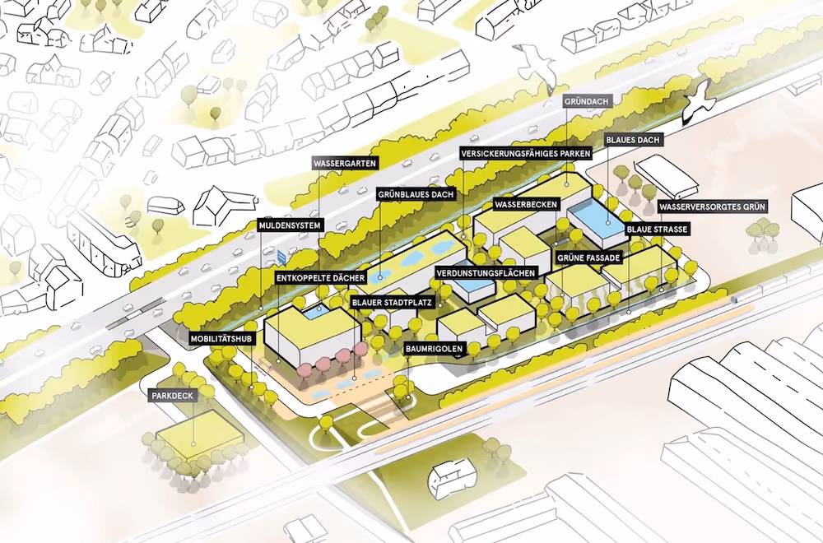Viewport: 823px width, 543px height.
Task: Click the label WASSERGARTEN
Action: pos(345,164)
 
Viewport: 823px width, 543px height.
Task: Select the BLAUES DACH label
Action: pos(633,140)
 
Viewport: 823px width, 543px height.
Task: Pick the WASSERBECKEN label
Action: pos(527,204)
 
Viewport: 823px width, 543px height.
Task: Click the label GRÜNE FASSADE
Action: pos(588,258)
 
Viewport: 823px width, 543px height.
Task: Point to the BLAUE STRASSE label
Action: pos(657,229)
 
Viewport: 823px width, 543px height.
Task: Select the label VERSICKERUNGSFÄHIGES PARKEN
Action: pos(525,154)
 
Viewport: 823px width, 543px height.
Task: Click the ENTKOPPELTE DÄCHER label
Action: pos(321,279)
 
